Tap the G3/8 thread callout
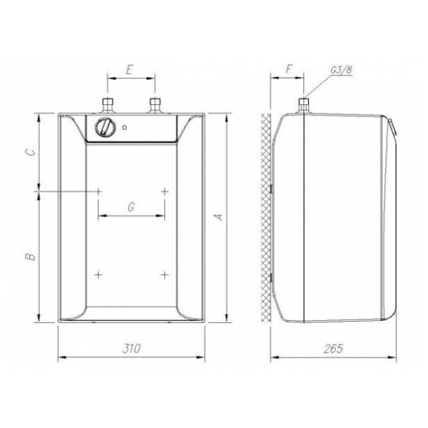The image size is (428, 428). [340, 70]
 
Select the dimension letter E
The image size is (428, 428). [129, 70]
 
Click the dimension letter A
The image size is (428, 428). [220, 215]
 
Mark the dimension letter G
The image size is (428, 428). [131, 206]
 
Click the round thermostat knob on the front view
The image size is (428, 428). [105, 128]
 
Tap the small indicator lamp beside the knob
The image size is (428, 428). [125, 128]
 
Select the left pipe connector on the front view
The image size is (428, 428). [108, 107]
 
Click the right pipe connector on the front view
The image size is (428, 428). [154, 107]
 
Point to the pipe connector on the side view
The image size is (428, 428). [302, 106]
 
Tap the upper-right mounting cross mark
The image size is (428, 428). [164, 191]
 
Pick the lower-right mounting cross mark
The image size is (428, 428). [164, 274]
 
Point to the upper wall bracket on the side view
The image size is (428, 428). [272, 188]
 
